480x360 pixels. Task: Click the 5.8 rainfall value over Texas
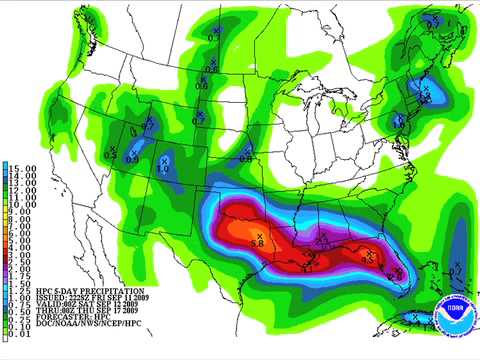256,243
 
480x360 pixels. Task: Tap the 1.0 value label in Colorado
161,170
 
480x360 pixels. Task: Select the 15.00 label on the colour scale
24,168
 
